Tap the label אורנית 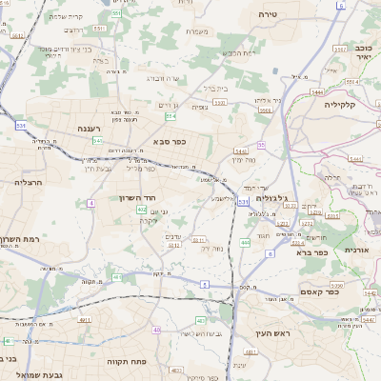pyautogui.click(x=359, y=250)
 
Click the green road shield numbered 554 pyautogui.click(x=170, y=115)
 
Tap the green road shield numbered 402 pyautogui.click(x=141, y=209)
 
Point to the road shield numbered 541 pyautogui.click(x=98, y=140)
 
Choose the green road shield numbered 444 pyautogui.click(x=245, y=242)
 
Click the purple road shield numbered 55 pyautogui.click(x=261, y=145)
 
